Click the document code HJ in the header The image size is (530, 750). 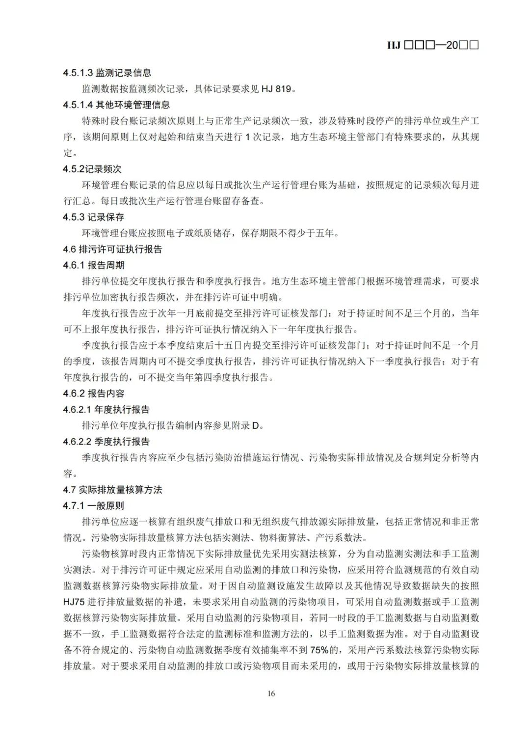(394, 45)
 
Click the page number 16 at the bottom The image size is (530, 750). (271, 694)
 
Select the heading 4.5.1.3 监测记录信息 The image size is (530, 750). (107, 73)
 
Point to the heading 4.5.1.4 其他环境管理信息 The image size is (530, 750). (116, 105)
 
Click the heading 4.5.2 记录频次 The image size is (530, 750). (92, 169)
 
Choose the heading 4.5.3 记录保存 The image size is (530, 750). (93, 217)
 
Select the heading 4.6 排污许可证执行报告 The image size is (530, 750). (112, 249)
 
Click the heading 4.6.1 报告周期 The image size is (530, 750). (93, 265)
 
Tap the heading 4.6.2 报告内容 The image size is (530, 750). (93, 393)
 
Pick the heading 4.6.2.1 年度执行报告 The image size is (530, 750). (106, 410)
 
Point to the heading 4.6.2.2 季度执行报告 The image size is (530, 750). (106, 442)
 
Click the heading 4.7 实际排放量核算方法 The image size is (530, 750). (112, 490)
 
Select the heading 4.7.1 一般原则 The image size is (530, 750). (93, 506)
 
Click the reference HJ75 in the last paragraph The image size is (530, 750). (74, 602)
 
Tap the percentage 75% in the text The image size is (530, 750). (319, 650)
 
